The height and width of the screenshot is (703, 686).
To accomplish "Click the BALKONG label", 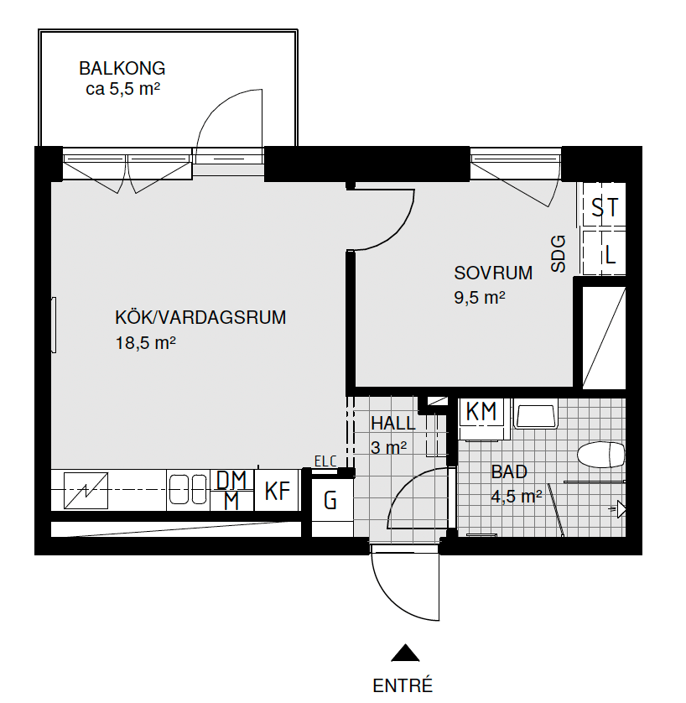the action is tap(122, 68).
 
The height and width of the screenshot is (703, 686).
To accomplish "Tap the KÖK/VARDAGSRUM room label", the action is tap(200, 317).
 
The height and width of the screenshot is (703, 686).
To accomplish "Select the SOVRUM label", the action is tap(493, 273).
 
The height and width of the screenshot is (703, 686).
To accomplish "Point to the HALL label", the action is tap(393, 424).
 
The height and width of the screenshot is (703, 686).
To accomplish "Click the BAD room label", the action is tap(509, 471).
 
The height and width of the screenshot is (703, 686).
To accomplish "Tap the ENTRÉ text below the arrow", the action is tap(403, 686).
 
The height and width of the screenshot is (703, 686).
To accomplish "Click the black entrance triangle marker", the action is tap(405, 653).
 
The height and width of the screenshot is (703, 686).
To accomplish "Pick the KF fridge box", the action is tap(277, 490).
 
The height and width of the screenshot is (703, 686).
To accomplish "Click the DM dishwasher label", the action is tap(231, 480).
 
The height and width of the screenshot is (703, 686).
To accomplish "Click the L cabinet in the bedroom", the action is tap(604, 253).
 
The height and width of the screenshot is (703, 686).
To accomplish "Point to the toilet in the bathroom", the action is tap(600, 455).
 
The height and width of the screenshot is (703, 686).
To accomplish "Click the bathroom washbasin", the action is tap(535, 415).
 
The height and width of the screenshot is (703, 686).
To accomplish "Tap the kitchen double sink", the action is tap(188, 490).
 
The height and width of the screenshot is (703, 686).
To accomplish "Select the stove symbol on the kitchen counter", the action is tap(86, 491).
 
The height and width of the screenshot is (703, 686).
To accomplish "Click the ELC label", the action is tap(325, 461).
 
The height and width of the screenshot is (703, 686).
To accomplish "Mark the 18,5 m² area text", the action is tap(146, 343).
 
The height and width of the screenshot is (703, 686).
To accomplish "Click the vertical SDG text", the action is tap(559, 254).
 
